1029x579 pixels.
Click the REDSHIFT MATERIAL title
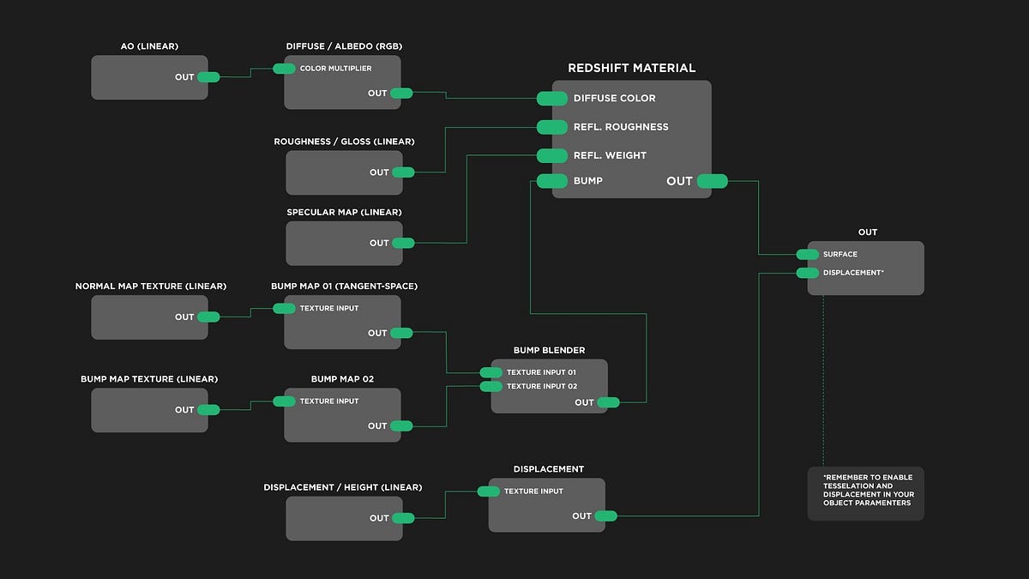coord(631,68)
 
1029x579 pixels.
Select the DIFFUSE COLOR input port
coord(552,99)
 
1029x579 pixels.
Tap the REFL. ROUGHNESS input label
coord(620,127)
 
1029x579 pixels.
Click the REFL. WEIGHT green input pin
coord(552,155)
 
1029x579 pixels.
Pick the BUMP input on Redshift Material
coord(552,181)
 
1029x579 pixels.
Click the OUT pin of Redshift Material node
coord(712,181)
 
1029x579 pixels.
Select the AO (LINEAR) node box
coord(149,77)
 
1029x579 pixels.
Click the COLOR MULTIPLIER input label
coord(335,69)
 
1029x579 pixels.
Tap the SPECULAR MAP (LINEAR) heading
coord(344,212)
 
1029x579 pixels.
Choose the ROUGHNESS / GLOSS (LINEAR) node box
coord(343,172)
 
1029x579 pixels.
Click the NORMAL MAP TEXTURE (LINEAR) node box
coord(149,317)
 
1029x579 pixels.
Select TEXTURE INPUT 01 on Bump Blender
coord(491,372)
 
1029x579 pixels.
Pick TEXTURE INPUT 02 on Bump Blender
coord(491,387)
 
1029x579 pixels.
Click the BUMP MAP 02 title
coord(342,378)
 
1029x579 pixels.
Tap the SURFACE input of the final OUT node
coord(808,255)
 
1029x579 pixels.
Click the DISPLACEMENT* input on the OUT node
coord(808,273)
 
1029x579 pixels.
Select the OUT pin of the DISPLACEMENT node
coord(605,516)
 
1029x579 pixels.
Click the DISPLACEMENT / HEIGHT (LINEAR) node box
coord(343,518)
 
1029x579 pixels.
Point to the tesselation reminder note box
coord(865,493)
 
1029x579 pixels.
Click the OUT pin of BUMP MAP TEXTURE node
coord(208,410)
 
